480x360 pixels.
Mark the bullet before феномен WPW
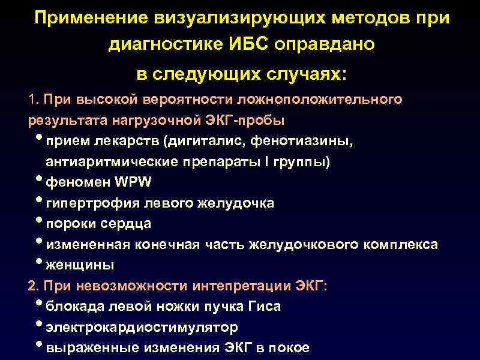40,181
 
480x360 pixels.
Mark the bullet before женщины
40,263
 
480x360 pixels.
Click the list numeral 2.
32,286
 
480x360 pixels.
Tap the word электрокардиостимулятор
142,328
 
